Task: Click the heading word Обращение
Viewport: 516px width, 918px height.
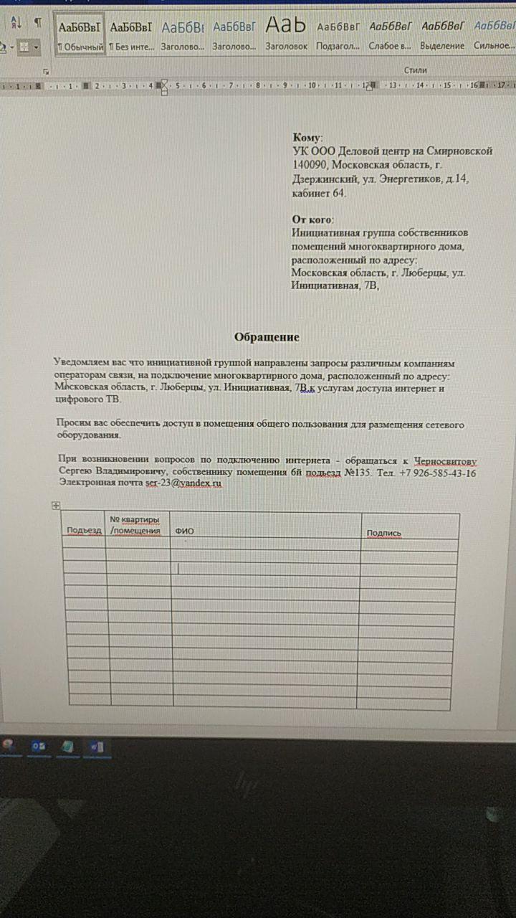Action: (267, 337)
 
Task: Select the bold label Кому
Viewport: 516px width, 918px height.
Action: (307, 137)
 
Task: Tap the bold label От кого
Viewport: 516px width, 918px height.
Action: (312, 219)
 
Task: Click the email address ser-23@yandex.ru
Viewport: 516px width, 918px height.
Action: (183, 484)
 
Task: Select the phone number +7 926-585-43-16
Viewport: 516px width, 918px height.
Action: (438, 473)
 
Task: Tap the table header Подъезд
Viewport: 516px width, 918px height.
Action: (84, 531)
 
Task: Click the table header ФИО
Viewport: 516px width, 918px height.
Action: (185, 531)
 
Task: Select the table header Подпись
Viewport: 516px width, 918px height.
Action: (383, 533)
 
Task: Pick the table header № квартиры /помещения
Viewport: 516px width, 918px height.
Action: (135, 525)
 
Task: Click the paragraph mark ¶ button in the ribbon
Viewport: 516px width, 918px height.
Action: (37, 22)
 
